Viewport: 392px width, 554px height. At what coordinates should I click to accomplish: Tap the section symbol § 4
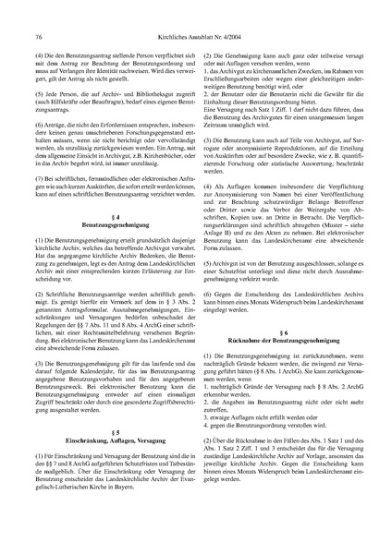(x=109, y=242)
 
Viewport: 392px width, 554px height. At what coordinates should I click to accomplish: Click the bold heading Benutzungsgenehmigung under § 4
(x=109, y=251)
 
